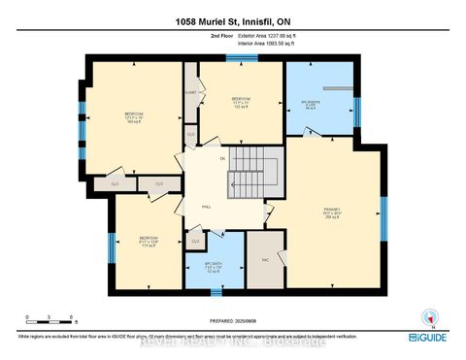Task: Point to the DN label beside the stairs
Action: pyautogui.click(x=222, y=157)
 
